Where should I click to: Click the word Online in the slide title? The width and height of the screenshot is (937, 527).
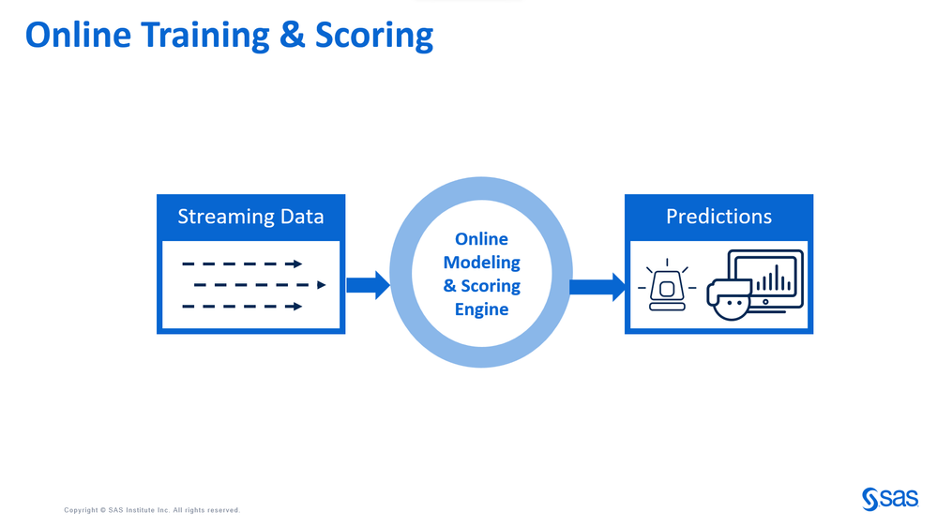pyautogui.click(x=79, y=35)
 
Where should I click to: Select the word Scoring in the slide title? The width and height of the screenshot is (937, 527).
pyautogui.click(x=374, y=35)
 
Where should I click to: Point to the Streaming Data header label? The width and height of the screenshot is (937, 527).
pyautogui.click(x=250, y=217)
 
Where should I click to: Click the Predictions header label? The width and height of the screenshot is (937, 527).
pyautogui.click(x=718, y=217)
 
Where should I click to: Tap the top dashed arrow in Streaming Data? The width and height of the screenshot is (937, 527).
pyautogui.click(x=242, y=263)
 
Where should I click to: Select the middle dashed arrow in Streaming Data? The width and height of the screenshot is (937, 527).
pyautogui.click(x=259, y=285)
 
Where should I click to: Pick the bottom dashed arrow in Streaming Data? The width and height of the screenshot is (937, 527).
pyautogui.click(x=242, y=306)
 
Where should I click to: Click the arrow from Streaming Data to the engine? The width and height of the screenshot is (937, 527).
pyautogui.click(x=368, y=285)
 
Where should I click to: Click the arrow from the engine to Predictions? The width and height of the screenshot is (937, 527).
pyautogui.click(x=597, y=286)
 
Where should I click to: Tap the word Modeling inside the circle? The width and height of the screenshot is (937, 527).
pyautogui.click(x=481, y=263)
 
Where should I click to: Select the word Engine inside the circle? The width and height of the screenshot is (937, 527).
pyautogui.click(x=481, y=309)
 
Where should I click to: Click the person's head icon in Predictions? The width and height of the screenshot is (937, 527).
pyautogui.click(x=731, y=299)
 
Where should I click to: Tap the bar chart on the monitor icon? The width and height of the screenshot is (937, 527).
pyautogui.click(x=774, y=278)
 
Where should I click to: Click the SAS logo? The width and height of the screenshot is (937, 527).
pyautogui.click(x=889, y=499)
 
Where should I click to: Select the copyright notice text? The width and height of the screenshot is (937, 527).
pyautogui.click(x=152, y=510)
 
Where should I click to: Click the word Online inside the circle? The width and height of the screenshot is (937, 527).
pyautogui.click(x=481, y=240)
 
